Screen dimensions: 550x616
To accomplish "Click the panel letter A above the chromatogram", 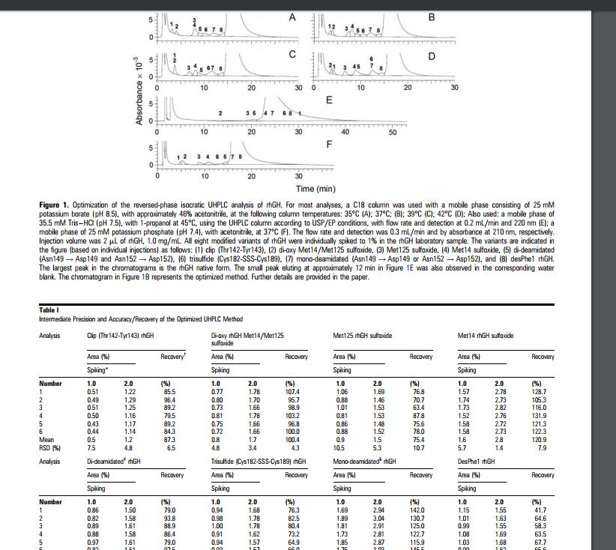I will [292, 16].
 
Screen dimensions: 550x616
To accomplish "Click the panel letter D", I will [431, 56].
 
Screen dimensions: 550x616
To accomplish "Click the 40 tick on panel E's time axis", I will [345, 132].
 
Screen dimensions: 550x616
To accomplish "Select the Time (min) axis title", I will [315, 189].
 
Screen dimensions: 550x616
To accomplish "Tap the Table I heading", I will [49, 311].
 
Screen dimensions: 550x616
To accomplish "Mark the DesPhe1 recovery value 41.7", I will [539, 510].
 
